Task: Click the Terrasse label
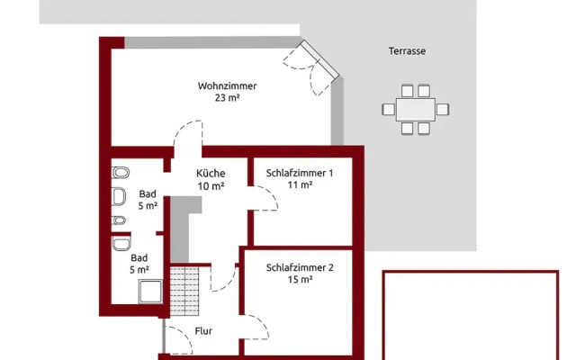407,51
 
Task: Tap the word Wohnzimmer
227,86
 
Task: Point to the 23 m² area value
227,98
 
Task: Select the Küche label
211,173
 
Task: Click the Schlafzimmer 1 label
300,173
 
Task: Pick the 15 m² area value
300,280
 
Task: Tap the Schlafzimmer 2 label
300,268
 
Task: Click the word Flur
203,331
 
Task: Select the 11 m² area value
300,184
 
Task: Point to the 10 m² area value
211,186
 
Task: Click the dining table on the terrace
416,110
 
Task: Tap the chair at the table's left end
388,110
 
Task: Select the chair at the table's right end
442,110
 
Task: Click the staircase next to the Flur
184,291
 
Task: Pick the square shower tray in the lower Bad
150,292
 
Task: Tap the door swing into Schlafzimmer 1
263,198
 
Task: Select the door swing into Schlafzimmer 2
254,327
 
